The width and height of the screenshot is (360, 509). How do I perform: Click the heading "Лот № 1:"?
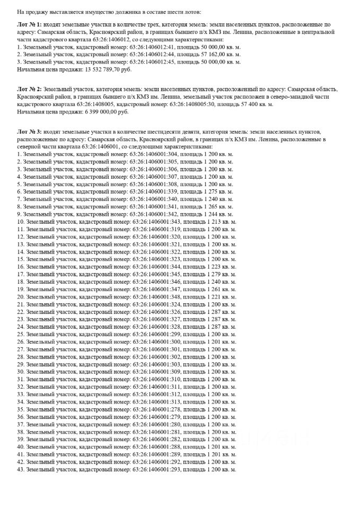(x=29, y=25)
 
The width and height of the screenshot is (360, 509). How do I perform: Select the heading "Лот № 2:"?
(x=29, y=90)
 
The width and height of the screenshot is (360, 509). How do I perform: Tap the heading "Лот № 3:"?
(x=29, y=130)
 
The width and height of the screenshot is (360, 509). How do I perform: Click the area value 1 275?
(x=214, y=191)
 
